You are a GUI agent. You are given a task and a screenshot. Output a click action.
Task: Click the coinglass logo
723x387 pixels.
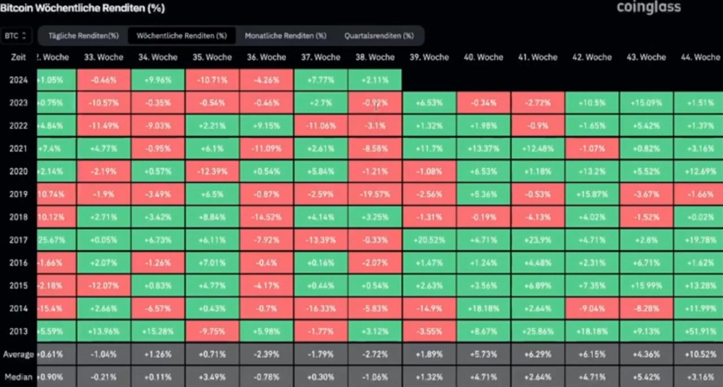(x=648, y=7)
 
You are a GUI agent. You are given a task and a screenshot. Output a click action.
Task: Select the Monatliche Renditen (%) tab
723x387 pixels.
(x=285, y=36)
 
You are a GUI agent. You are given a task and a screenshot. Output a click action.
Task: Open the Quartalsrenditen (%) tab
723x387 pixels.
(x=379, y=36)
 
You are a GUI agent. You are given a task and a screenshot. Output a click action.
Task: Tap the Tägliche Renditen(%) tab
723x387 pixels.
(x=84, y=36)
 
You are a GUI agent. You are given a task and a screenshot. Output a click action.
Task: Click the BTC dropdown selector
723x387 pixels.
(x=16, y=36)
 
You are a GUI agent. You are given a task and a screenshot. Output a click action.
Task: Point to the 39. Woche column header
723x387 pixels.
(x=429, y=57)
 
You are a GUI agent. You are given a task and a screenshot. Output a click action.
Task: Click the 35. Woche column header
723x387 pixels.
(x=212, y=57)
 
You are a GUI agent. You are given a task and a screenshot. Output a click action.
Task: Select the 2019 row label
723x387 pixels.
(x=19, y=194)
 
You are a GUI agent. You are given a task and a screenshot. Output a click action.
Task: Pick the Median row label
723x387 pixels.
(x=19, y=377)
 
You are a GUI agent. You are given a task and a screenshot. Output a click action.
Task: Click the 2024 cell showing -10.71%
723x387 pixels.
(x=212, y=80)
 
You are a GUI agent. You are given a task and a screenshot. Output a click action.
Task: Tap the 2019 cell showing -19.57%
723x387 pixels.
(x=375, y=194)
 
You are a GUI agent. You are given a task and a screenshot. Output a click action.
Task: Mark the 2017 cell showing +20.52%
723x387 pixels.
(x=429, y=240)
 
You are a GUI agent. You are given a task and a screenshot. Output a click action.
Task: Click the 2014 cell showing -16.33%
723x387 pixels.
(x=321, y=309)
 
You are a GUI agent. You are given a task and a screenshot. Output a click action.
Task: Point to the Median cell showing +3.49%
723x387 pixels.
(x=212, y=377)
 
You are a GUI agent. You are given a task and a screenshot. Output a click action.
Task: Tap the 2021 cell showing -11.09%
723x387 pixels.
(x=266, y=149)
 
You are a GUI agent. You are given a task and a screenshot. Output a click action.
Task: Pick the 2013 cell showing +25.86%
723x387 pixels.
(x=537, y=331)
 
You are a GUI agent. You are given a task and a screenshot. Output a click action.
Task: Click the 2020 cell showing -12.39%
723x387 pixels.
(x=212, y=171)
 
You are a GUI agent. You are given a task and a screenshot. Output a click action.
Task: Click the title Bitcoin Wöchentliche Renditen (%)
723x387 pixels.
(x=82, y=8)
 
